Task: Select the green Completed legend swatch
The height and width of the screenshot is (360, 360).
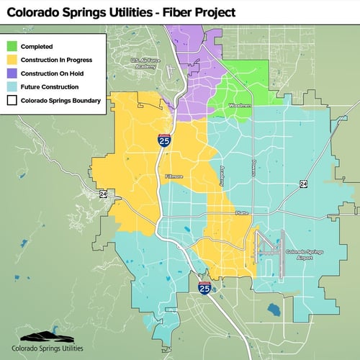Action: point(12,46)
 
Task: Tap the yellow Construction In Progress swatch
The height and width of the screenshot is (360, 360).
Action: point(12,60)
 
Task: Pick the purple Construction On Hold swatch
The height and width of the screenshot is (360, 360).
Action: point(12,73)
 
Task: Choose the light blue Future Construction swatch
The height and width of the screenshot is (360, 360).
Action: point(12,87)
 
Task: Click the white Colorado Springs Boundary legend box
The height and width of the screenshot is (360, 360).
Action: point(12,101)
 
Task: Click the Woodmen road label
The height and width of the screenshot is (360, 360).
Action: point(240,106)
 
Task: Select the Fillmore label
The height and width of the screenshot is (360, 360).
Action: point(174,176)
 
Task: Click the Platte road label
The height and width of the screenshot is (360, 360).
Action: point(240,214)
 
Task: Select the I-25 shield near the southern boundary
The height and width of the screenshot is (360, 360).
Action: point(204,287)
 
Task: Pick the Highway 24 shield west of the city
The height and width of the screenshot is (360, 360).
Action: point(103,194)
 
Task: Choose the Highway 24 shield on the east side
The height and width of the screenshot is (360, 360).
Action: point(304,184)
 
